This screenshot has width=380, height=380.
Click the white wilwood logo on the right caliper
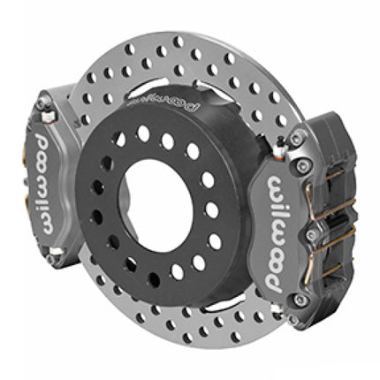[x=277, y=234]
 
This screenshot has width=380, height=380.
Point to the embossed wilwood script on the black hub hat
[x=163, y=103]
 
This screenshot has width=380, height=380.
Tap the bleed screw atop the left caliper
[x=47, y=116]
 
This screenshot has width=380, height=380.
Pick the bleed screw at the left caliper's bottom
[x=56, y=251]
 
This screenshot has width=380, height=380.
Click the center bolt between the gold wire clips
[x=310, y=234]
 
